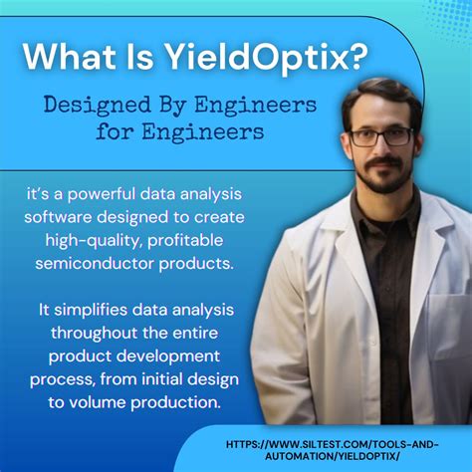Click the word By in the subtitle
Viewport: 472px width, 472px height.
pos(163,104)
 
